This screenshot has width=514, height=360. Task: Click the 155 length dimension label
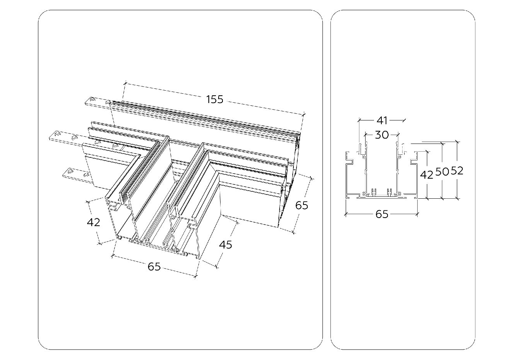pos(215,99)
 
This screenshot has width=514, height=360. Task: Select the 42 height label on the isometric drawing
pos(93,222)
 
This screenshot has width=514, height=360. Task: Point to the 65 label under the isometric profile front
pos(154,266)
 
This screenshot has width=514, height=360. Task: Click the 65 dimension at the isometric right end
pos(302,205)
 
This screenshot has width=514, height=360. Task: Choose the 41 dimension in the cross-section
pos(382,120)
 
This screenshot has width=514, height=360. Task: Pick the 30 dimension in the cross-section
pos(382,135)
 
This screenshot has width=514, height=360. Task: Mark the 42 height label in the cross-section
pos(426,175)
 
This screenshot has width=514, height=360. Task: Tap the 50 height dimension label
pos(442,171)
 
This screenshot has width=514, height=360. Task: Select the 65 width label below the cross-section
pos(382,214)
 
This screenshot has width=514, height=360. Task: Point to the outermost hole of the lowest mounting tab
pos(71,170)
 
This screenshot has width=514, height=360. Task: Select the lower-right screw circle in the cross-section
pos(400,193)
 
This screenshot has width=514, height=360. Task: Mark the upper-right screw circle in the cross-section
pos(399,157)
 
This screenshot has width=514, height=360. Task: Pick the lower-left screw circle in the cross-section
pos(364,193)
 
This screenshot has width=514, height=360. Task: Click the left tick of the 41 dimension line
pos(359,120)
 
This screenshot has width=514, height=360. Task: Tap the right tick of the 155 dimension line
pos(304,114)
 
